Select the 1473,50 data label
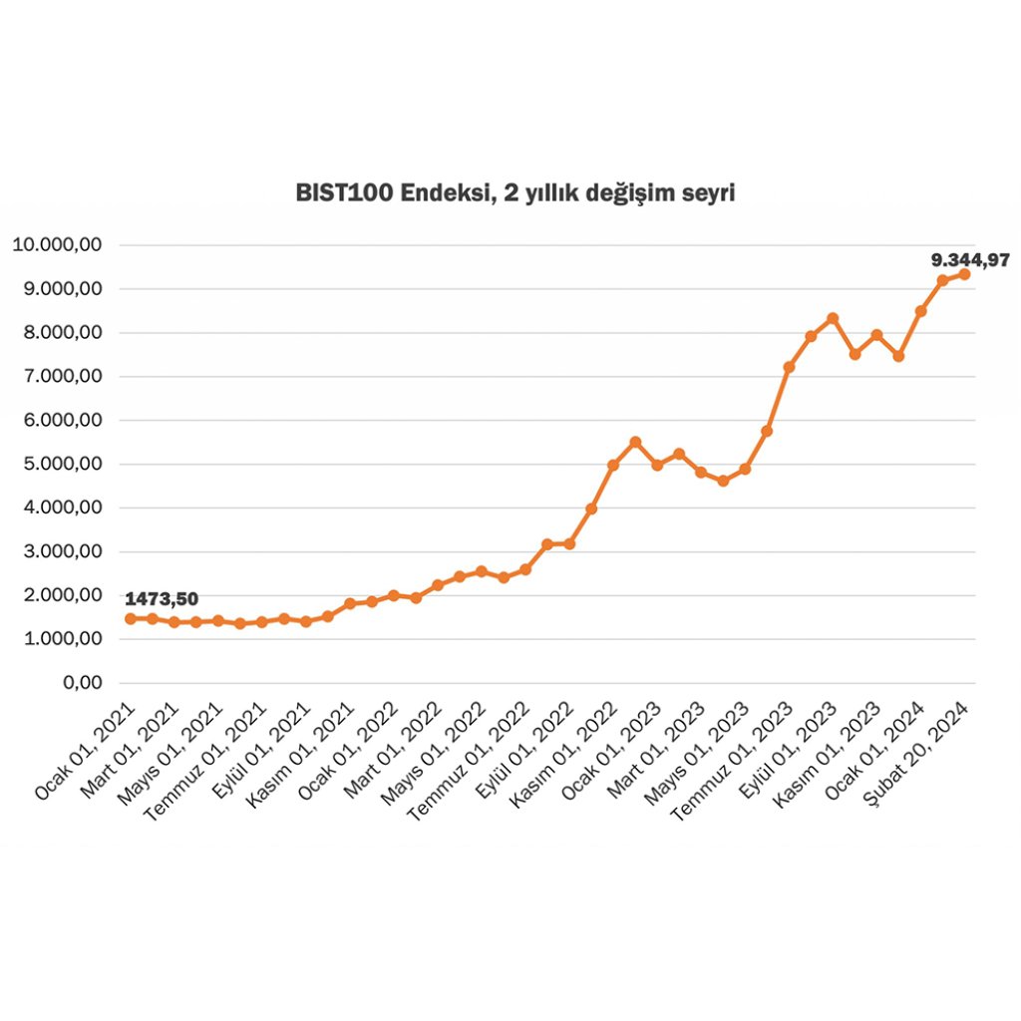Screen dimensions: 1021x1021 162,599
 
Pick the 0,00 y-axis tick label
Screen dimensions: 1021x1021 83,683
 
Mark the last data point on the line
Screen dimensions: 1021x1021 964,274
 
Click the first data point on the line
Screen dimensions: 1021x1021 130,618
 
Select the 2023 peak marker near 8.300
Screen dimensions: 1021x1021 833,319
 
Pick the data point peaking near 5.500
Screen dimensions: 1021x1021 635,442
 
